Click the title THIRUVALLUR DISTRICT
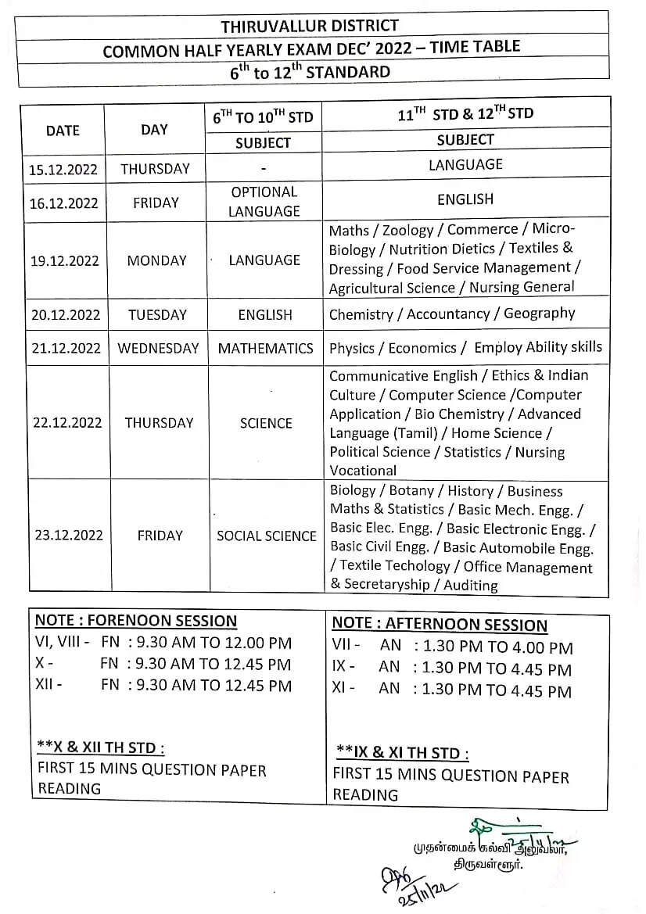pyautogui.click(x=310, y=26)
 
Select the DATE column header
pyautogui.click(x=63, y=131)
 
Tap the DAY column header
pyautogui.click(x=154, y=130)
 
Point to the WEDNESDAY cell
pyautogui.click(x=158, y=349)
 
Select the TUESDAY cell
pyautogui.click(x=157, y=315)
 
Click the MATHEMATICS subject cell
pyautogui.click(x=265, y=349)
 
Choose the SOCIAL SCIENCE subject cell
pyautogui.click(x=266, y=536)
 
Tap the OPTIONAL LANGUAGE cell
pyautogui.click(x=264, y=202)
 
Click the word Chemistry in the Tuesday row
pyautogui.click(x=361, y=315)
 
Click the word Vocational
pyautogui.click(x=363, y=471)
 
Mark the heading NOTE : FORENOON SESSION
pyautogui.click(x=136, y=622)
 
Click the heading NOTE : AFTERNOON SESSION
pyautogui.click(x=440, y=625)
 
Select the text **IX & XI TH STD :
pyautogui.click(x=402, y=753)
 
